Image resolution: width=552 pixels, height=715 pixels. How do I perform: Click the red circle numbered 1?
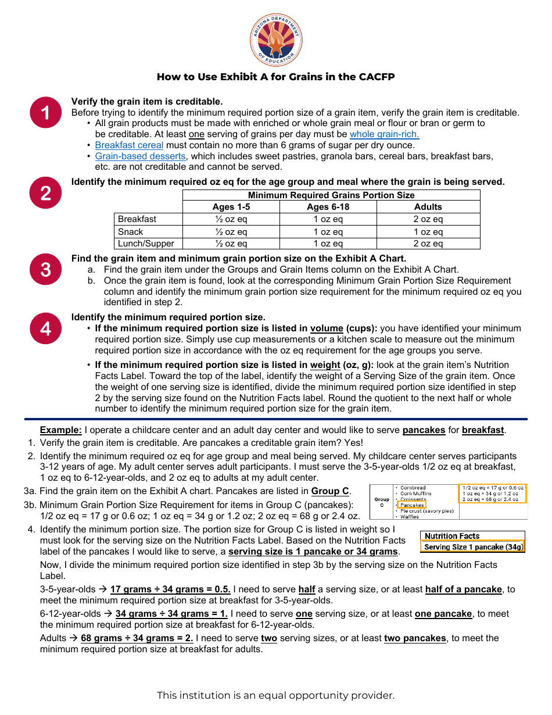pyautogui.click(x=45, y=112)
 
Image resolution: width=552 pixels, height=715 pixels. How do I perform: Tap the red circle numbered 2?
pyautogui.click(x=45, y=193)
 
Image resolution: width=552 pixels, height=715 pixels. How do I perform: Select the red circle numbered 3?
pyautogui.click(x=45, y=269)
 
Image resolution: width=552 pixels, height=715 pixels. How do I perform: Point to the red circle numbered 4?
pyautogui.click(x=45, y=328)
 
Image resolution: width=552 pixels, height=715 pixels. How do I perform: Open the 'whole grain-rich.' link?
pyautogui.click(x=384, y=134)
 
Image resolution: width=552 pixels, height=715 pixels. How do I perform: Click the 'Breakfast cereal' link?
pyautogui.click(x=129, y=145)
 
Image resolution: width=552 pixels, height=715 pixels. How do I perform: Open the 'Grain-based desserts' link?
pyautogui.click(x=140, y=156)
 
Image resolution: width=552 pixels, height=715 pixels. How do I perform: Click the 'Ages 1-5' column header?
pyautogui.click(x=231, y=207)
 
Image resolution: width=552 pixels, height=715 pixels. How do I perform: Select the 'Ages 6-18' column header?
pyautogui.click(x=328, y=207)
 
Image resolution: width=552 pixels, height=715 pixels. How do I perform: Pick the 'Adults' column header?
pyautogui.click(x=428, y=207)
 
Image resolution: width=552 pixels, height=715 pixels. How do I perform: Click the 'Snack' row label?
pyautogui.click(x=131, y=232)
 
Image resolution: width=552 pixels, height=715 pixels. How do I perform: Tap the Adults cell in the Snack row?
pyautogui.click(x=428, y=232)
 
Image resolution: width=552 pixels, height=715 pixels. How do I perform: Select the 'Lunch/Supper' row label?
pyautogui.click(x=146, y=244)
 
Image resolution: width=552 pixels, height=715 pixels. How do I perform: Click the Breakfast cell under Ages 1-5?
pyautogui.click(x=231, y=219)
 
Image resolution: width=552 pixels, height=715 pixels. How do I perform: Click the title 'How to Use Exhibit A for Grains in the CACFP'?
pyautogui.click(x=276, y=77)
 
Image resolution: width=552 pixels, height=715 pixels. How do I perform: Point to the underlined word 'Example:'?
pyautogui.click(x=60, y=430)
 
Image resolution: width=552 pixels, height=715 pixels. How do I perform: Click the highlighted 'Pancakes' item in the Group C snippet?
pyautogui.click(x=412, y=505)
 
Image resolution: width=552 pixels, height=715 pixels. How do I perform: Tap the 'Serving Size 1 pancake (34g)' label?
pyautogui.click(x=473, y=547)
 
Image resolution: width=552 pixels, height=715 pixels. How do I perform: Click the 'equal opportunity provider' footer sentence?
pyautogui.click(x=276, y=695)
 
